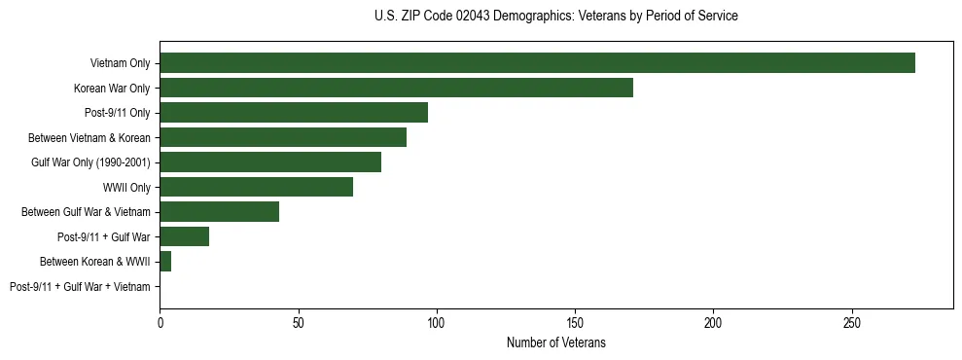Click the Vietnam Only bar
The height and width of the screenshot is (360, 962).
pyautogui.click(x=537, y=63)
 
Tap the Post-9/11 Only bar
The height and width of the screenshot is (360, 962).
pyautogui.click(x=294, y=113)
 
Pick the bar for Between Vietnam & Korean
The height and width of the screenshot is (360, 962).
pyautogui.click(x=283, y=137)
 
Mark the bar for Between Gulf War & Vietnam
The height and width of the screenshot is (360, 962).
pyautogui.click(x=219, y=211)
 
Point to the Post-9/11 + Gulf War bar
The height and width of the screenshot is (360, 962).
pyautogui.click(x=184, y=236)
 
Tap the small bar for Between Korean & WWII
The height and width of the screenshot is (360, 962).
pyautogui.click(x=165, y=261)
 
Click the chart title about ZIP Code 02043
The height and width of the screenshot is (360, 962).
pyautogui.click(x=555, y=17)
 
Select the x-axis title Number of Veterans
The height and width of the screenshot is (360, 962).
pyautogui.click(x=555, y=342)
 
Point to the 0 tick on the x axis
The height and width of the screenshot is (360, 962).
pyautogui.click(x=160, y=322)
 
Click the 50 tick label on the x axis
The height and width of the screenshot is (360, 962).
pyautogui.click(x=298, y=322)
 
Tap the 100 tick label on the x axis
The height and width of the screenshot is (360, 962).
pyautogui.click(x=437, y=322)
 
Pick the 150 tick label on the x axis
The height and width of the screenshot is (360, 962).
pyautogui.click(x=575, y=322)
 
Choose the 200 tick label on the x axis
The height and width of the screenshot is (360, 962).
pyautogui.click(x=713, y=322)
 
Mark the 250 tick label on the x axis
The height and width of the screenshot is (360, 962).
pyautogui.click(x=852, y=322)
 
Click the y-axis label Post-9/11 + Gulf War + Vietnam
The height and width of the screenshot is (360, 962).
pyautogui.click(x=80, y=286)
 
